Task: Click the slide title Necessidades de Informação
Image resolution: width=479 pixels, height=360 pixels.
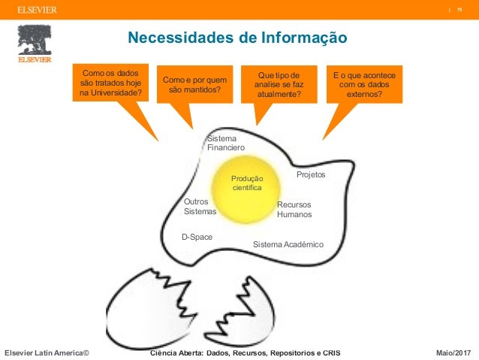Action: [x=236, y=38]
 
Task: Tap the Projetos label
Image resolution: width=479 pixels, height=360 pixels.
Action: [x=311, y=174]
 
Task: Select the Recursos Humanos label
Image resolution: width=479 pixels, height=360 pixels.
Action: [x=294, y=210]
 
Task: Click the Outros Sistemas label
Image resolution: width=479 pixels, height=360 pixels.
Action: [x=200, y=207]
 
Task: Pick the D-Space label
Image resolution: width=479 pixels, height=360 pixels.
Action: [x=197, y=237]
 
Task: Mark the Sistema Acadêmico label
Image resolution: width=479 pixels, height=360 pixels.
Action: [x=288, y=245]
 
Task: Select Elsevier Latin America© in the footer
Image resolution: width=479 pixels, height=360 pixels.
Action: [x=47, y=352]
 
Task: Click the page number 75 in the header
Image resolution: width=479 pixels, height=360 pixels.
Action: [x=458, y=9]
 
